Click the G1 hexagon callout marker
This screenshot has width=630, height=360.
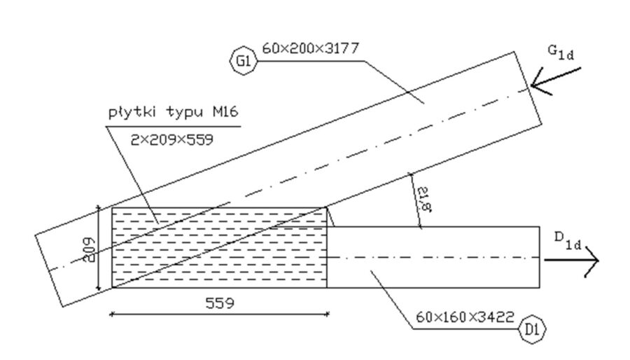tap(244, 62)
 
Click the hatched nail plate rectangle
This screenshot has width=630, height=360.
tap(218, 247)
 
